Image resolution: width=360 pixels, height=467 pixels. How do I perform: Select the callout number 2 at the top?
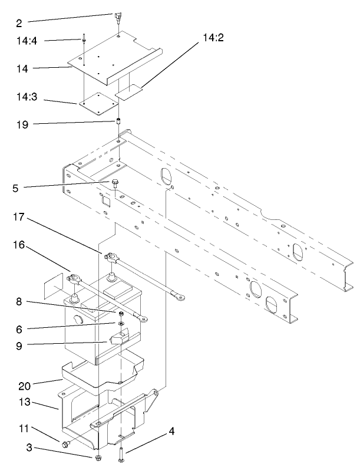(x=19, y=24)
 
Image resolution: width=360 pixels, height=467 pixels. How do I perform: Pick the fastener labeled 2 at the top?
(x=118, y=17)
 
